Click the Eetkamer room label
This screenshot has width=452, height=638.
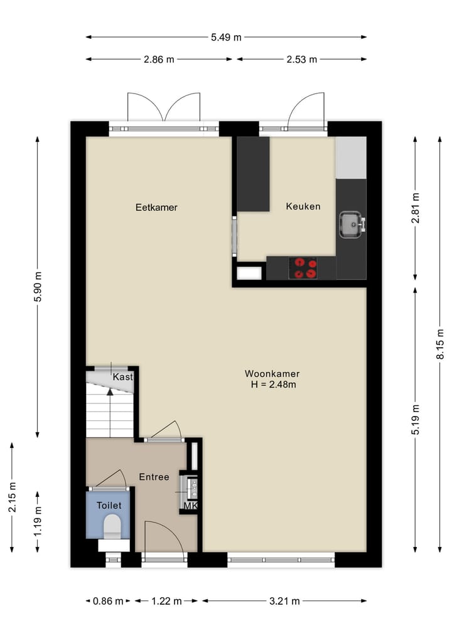coord(156,207)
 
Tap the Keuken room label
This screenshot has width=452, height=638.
coord(303,206)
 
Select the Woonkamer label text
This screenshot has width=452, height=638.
coord(272,374)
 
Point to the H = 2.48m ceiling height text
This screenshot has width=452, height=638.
coord(272,385)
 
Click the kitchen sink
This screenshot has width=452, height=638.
coord(351,223)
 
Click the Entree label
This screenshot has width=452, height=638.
coord(154,477)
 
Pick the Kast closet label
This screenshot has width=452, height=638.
coord(122,377)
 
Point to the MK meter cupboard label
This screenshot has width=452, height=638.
coord(190,506)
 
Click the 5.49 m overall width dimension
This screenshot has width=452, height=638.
coord(226,37)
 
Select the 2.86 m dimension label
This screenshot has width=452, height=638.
coord(159,60)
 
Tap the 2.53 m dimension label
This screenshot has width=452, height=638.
coord(302,60)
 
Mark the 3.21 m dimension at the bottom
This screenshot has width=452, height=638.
coord(284,601)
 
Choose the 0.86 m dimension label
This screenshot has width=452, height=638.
coord(108,601)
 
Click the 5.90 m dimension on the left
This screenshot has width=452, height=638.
coord(38,287)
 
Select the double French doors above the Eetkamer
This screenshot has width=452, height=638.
coord(164,108)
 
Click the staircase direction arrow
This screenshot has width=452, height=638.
coord(110,392)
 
